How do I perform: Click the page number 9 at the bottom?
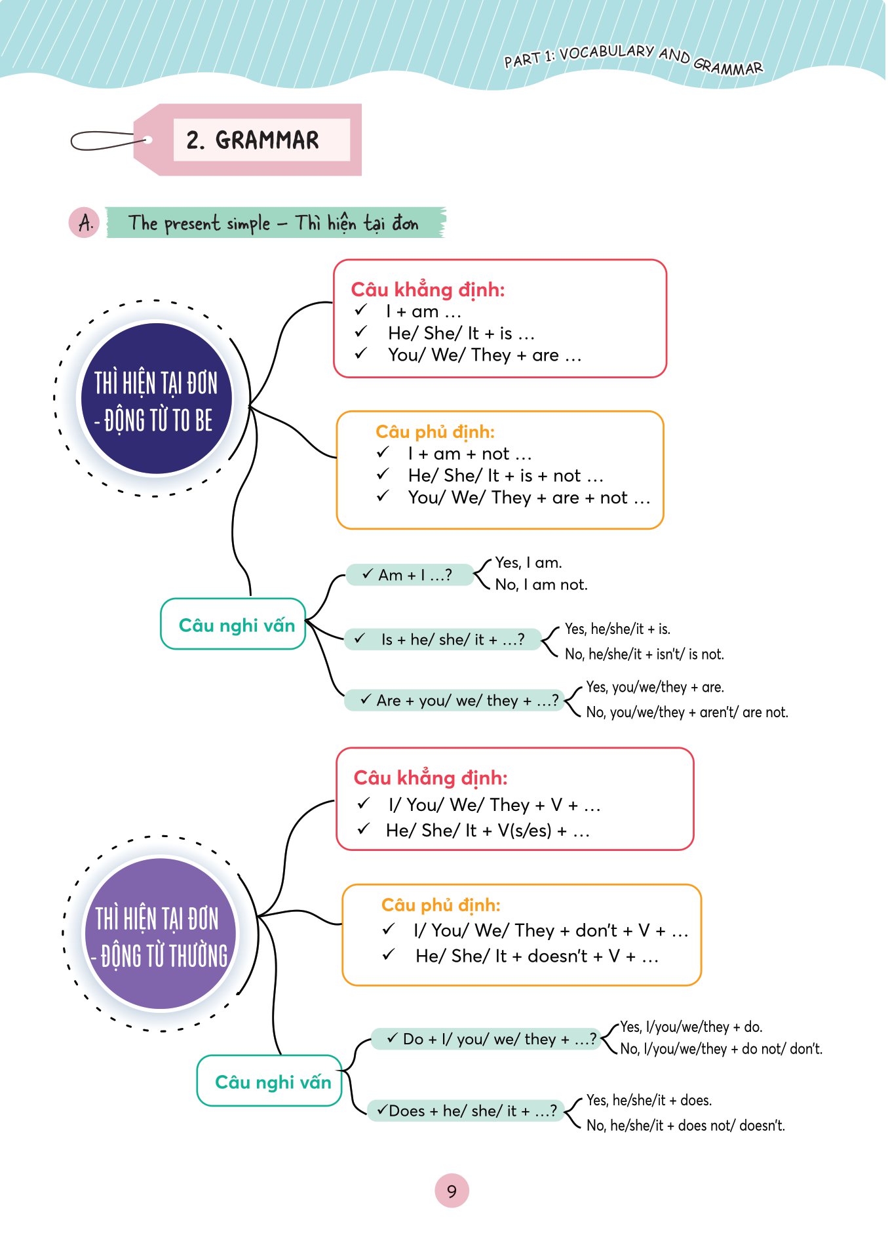(452, 1191)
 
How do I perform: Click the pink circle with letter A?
(85, 223)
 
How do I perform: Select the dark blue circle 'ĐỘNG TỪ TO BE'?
(155, 399)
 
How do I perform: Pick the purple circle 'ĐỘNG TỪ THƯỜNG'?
(161, 934)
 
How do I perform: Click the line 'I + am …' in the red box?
(423, 311)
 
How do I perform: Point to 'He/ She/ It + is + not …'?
(505, 475)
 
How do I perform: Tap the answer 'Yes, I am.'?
(528, 562)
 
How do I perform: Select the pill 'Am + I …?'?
(410, 575)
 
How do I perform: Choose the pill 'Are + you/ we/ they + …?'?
(455, 700)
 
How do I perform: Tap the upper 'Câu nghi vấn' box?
(234, 625)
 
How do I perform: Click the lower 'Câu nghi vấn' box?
(270, 1081)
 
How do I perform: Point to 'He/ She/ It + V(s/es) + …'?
(488, 831)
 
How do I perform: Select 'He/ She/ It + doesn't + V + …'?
(536, 956)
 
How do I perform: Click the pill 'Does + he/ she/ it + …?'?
(466, 1111)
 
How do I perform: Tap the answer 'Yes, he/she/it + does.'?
(649, 1100)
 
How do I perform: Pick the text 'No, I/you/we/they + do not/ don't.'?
(721, 1049)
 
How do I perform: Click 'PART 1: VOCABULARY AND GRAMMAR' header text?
(633, 58)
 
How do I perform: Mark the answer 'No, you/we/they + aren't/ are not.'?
(687, 712)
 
